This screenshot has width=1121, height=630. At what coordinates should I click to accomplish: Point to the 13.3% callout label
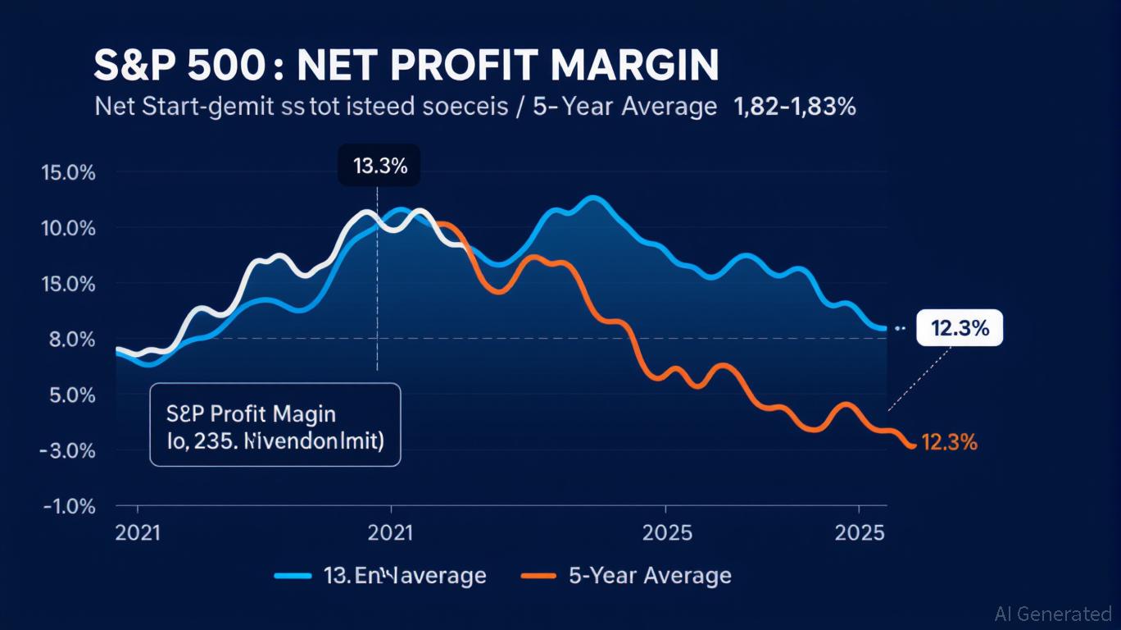(379, 167)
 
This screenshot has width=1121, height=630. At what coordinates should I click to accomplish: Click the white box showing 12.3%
(960, 328)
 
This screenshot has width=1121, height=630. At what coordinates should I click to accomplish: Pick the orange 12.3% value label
(949, 443)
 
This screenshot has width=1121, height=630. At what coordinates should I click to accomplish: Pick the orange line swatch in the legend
(538, 576)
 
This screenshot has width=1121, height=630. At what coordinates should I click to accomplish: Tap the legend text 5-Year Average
(650, 576)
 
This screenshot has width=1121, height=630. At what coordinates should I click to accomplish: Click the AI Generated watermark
(1053, 614)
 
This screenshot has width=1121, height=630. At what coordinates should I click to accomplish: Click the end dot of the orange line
(911, 445)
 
